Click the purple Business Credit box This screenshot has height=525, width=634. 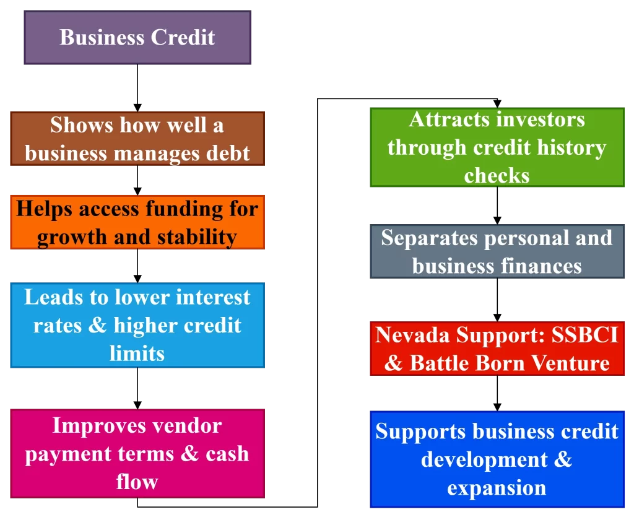137,38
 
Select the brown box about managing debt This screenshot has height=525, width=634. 137,139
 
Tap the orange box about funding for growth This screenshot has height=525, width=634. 137,222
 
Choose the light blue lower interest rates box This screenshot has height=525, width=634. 137,325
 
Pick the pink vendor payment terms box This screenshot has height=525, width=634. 137,453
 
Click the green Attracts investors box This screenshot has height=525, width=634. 497,147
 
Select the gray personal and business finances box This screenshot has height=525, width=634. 497,251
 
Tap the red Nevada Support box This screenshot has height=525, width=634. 497,349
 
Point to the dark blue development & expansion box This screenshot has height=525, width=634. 497,459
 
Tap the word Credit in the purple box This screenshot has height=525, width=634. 183,37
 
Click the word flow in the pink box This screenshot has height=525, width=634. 137,482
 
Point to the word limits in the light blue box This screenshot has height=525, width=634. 137,353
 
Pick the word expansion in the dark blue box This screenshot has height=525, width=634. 497,488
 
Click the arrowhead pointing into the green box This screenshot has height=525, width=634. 497,104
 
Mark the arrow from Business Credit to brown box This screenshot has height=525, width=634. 137,88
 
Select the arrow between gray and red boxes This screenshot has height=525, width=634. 497,300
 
